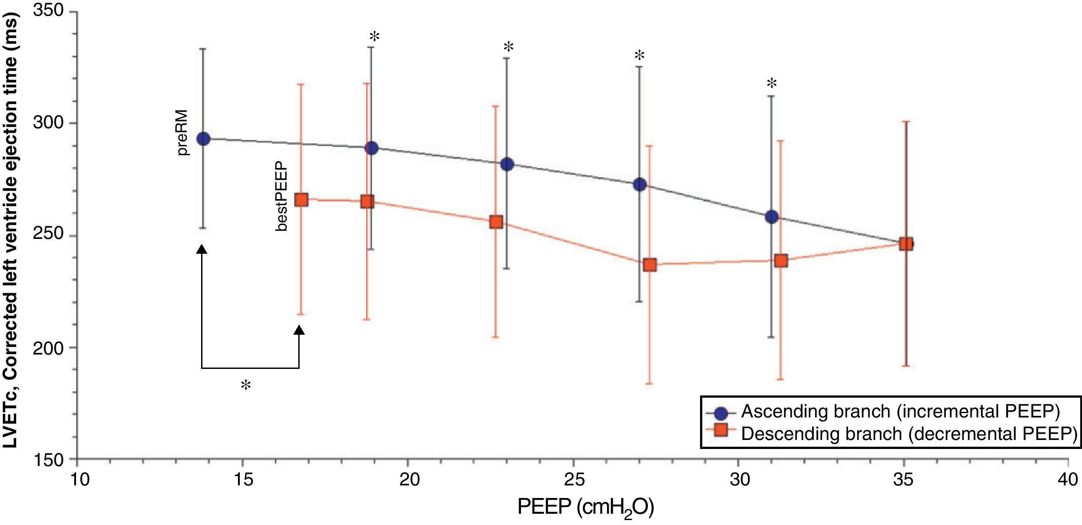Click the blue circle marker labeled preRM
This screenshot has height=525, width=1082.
[203, 139]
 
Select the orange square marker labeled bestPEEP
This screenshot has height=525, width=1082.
[301, 200]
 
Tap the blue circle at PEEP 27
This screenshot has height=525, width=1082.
[639, 184]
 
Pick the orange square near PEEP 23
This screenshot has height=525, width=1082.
[496, 221]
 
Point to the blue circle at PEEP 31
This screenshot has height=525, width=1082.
[772, 217]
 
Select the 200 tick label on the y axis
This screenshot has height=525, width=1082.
[49, 348]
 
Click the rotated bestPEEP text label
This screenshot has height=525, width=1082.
[281, 197]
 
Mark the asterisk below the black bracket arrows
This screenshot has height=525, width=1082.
[246, 385]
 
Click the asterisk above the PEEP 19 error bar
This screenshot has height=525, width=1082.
[374, 37]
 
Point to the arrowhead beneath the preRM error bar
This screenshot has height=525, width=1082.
[202, 249]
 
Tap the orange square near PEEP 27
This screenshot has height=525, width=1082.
[650, 265]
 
